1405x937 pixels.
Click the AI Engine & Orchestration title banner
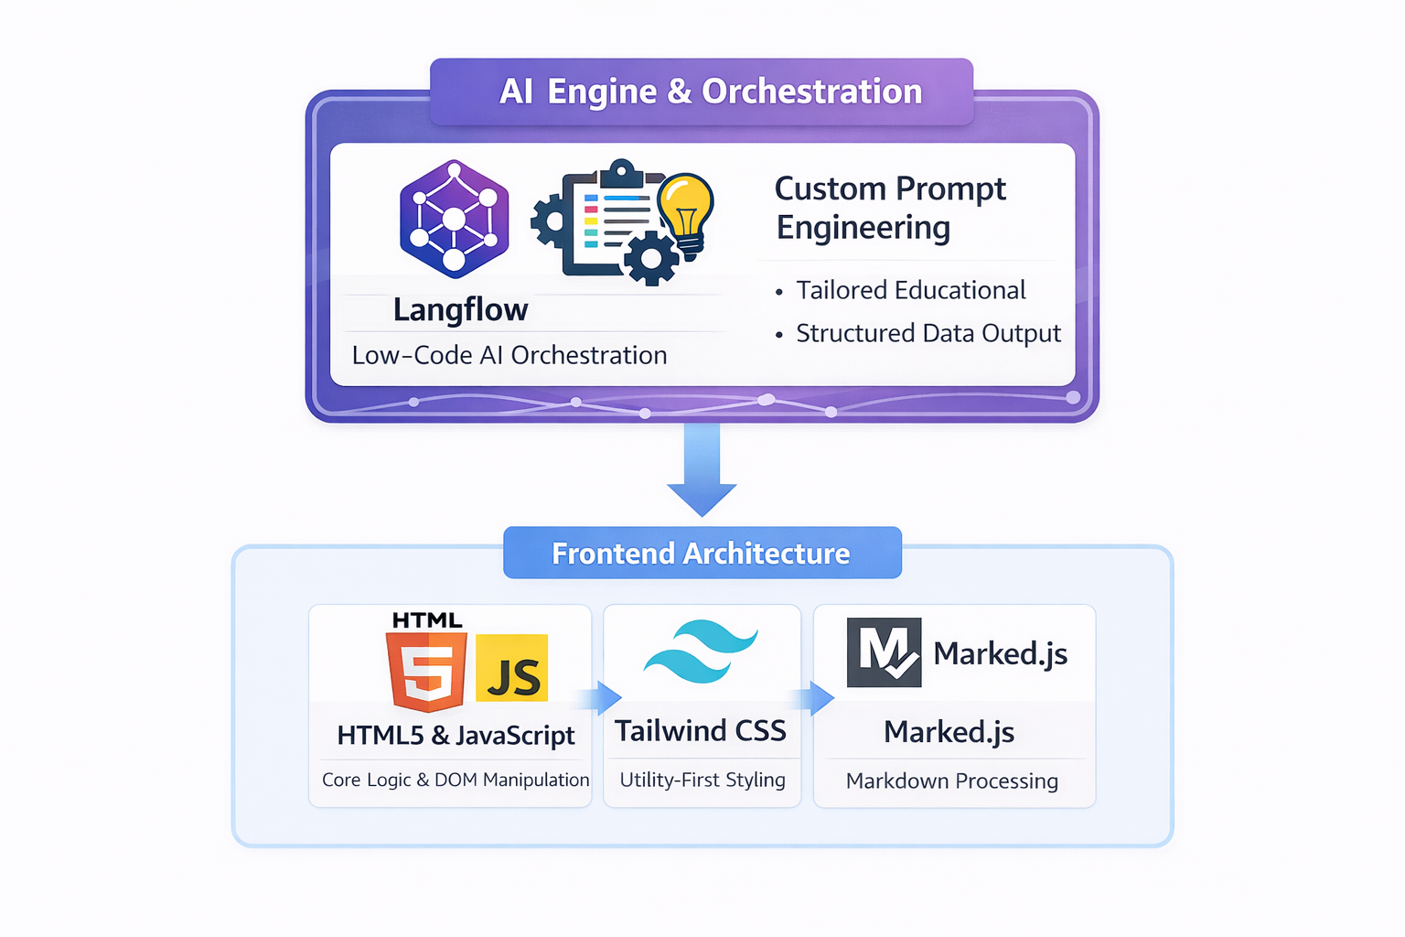tap(702, 92)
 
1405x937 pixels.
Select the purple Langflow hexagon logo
tap(454, 220)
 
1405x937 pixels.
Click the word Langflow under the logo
tap(460, 310)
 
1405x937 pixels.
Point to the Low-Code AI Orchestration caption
tap(509, 355)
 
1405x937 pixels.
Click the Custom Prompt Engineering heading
tap(889, 208)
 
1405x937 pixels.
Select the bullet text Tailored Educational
tap(910, 290)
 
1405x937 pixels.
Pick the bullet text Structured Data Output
tap(928, 333)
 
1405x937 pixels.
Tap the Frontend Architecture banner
tap(702, 554)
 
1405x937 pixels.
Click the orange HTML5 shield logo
tap(427, 673)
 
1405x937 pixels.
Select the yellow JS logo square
tap(512, 669)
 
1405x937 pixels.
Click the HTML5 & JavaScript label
tap(456, 736)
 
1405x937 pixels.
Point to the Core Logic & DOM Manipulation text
tap(456, 780)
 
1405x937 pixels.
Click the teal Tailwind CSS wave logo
tap(701, 652)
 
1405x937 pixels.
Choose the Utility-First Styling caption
tap(702, 780)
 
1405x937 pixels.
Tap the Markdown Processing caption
tap(951, 781)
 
